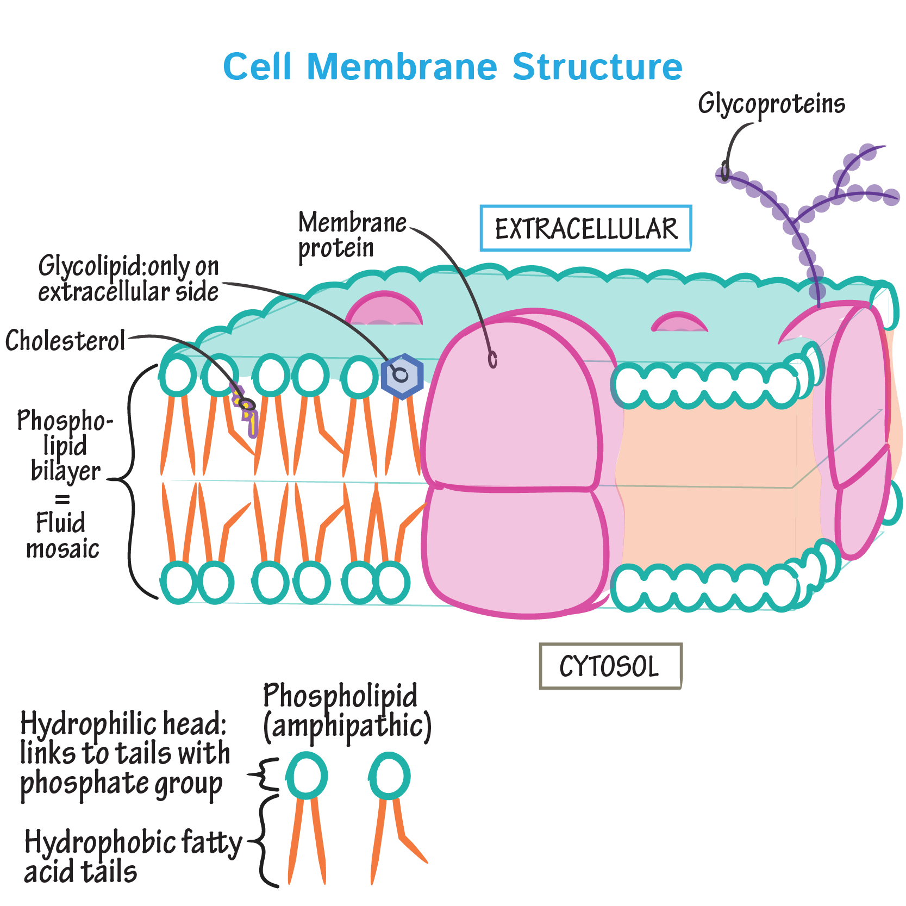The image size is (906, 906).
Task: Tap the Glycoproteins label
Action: pos(771,104)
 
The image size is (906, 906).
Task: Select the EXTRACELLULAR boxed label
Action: pos(586,228)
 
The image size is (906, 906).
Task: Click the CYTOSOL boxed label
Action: pos(610,666)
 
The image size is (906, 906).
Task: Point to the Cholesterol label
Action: pos(65,341)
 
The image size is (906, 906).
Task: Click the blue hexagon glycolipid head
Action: pos(402,376)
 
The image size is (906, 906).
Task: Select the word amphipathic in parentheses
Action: pos(347,726)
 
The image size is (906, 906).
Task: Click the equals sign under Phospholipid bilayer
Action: pos(63,499)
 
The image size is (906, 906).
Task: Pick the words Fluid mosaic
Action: pos(63,535)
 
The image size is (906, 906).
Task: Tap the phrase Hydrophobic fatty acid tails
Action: pos(133,857)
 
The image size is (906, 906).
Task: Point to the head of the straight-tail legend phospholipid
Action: pos(307,776)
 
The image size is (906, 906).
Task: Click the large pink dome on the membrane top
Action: pos(384,308)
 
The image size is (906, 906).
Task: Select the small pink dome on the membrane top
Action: pos(679,321)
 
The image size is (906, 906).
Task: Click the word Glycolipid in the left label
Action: pos(90,267)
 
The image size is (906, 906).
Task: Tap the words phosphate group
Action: pos(121,785)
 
